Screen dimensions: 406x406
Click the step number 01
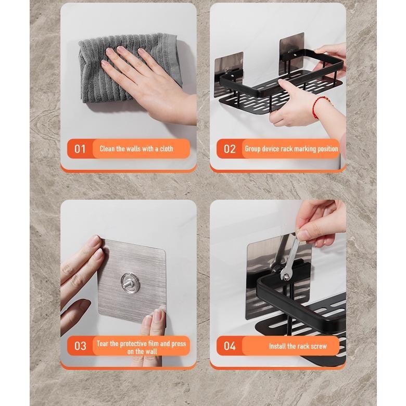[x=80, y=149]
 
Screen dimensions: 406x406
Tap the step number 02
[x=230, y=149]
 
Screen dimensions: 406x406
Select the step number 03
[x=80, y=346]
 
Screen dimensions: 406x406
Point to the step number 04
[x=230, y=346]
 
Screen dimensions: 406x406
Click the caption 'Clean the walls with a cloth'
[x=136, y=149]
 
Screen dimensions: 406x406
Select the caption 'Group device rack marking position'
[x=291, y=149]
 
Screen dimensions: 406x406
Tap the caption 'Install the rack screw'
[x=298, y=346]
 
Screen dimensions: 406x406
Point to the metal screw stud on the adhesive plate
[x=130, y=283]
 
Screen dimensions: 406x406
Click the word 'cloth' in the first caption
[x=167, y=149]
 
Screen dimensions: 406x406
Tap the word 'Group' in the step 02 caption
[x=253, y=149]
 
